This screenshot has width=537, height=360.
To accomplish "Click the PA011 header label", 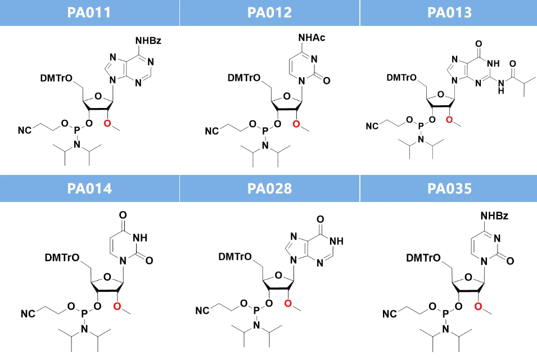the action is pyautogui.click(x=89, y=13).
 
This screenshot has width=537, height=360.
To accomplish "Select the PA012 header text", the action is pyautogui.click(x=269, y=13).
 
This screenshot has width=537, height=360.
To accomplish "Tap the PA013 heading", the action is pyautogui.click(x=449, y=13).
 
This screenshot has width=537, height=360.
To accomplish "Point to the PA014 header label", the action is pyautogui.click(x=89, y=189).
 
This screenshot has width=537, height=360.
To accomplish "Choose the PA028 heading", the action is pyautogui.click(x=269, y=189).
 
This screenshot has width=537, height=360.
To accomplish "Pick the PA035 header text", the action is pyautogui.click(x=449, y=189).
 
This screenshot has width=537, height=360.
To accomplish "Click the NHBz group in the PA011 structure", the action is pyautogui.click(x=148, y=40).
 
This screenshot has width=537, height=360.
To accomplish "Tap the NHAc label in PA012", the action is pyautogui.click(x=312, y=37).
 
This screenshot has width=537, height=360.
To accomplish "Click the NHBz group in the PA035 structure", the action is pyautogui.click(x=494, y=216).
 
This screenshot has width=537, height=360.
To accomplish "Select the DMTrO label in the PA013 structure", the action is pyautogui.click(x=401, y=78).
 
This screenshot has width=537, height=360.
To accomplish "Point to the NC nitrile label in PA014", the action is pyautogui.click(x=28, y=314).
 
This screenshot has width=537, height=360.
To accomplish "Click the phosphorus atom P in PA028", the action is pyautogui.click(x=256, y=310).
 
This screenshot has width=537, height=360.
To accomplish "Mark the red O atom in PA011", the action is pyautogui.click(x=107, y=123).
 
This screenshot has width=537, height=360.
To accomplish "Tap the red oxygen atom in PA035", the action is pyautogui.click(x=479, y=307).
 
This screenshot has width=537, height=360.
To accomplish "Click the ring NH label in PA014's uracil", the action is pyautogui.click(x=139, y=238).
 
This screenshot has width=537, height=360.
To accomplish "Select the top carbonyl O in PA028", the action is pyautogui.click(x=320, y=219).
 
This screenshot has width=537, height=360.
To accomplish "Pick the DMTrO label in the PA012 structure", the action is pyautogui.click(x=244, y=78).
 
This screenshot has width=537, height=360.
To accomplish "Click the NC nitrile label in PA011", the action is pyautogui.click(x=25, y=130).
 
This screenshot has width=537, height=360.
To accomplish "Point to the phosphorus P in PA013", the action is pyautogui.click(x=421, y=126).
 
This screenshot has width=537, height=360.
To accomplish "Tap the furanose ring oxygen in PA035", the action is pyautogui.click(x=468, y=277).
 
